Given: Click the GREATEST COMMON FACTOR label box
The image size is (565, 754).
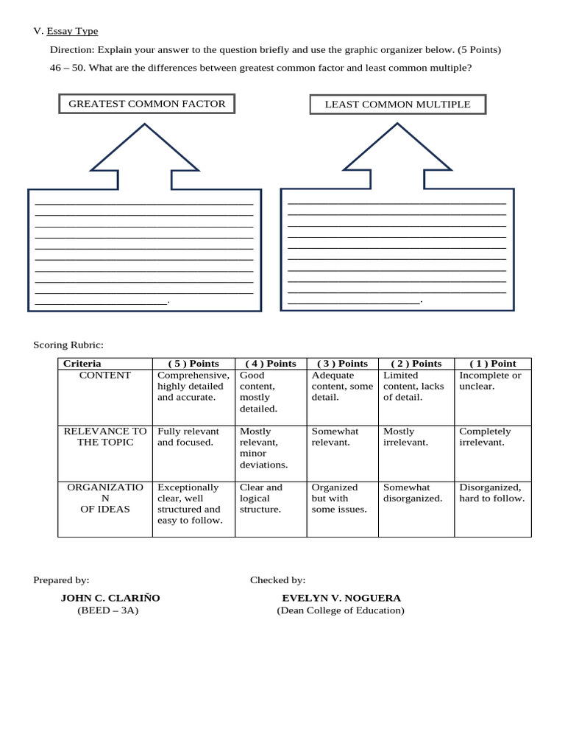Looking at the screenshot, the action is point(147,104).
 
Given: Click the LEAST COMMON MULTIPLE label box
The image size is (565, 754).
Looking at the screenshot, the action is point(397,105).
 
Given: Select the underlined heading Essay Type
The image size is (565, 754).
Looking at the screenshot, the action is point(72,31).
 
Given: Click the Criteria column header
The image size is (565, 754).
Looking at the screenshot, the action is point(82,364).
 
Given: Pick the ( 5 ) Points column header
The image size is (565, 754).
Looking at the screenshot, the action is point(193,364).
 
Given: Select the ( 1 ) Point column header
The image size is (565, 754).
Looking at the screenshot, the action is point(492,364).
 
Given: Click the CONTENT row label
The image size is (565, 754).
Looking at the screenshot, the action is point(105,376).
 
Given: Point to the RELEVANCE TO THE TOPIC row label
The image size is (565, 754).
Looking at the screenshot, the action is point(105,437).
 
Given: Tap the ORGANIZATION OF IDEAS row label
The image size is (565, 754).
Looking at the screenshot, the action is point(105,498).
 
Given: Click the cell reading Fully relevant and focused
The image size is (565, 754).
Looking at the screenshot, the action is point(188,437).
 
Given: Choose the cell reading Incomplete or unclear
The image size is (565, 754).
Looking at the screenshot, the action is point(490,381).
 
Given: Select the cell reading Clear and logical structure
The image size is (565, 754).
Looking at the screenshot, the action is point(261,498).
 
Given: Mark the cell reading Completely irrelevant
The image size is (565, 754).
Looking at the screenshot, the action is point(485,437).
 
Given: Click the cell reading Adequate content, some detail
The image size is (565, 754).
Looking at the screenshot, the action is point(342,386).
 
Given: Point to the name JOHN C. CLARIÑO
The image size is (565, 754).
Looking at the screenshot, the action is point(110,598).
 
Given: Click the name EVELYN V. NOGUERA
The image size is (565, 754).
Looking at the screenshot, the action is point(341,598).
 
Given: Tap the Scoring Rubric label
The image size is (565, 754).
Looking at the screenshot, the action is point(68,345).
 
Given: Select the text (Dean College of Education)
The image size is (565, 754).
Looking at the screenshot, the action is point(341,610).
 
